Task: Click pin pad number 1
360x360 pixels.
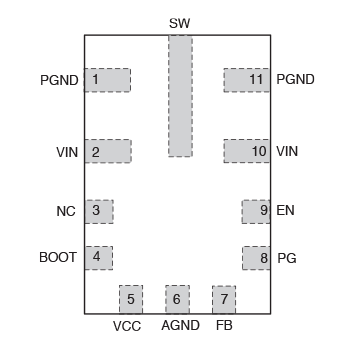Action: point(107,80)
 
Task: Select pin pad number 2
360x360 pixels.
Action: point(107,152)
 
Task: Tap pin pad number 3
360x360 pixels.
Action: point(98,211)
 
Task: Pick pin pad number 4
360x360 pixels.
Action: point(98,257)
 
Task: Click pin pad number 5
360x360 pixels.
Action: point(131,298)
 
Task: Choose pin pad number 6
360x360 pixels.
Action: point(177,298)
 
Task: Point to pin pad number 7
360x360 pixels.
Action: point(223,298)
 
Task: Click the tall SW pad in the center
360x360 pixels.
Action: point(179,96)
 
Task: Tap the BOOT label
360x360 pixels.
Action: point(58,258)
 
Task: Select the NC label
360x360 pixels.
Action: point(66,212)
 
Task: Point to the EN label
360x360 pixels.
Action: point(285,212)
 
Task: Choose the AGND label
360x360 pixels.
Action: point(180,327)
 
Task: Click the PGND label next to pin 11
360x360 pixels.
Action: point(297,80)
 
